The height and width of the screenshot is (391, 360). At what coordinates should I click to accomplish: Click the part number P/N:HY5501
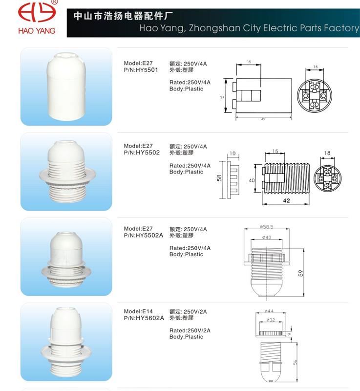point(141,70)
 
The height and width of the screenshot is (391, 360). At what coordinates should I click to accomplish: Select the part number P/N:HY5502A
point(144,236)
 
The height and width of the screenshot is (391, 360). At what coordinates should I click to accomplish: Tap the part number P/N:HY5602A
point(144,318)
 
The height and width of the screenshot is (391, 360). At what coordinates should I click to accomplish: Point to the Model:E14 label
point(138,311)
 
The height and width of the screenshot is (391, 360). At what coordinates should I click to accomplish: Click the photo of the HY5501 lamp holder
point(66,86)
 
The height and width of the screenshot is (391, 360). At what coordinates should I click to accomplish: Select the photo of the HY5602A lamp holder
point(66,342)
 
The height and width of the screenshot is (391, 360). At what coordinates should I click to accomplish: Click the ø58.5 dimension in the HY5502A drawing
point(267,227)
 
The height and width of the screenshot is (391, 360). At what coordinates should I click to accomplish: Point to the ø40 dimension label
point(267,238)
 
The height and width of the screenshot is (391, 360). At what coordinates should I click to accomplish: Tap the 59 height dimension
point(301,273)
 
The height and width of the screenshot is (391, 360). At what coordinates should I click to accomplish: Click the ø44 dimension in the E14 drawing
point(269,311)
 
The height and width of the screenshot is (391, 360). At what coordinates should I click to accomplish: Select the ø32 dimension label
point(271,320)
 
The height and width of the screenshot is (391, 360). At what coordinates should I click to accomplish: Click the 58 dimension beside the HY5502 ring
point(219,178)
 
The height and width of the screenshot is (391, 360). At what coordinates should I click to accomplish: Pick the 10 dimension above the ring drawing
point(233,153)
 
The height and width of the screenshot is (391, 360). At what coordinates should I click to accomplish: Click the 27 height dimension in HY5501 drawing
point(222,97)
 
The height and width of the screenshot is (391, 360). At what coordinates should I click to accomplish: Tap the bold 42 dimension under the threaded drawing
point(287,200)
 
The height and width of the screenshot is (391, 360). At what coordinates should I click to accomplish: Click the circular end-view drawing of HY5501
point(315,95)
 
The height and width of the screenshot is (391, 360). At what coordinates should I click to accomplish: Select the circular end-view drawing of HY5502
point(327,178)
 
